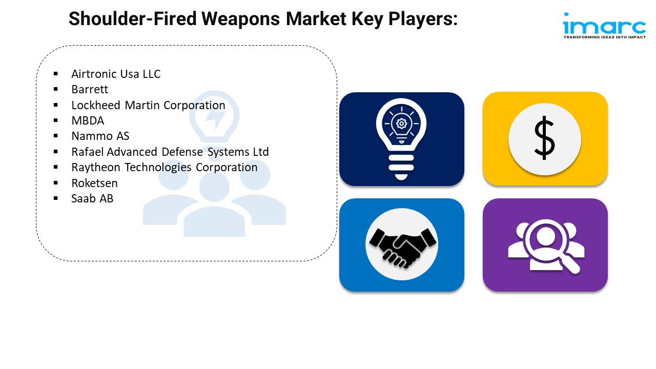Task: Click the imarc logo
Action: tap(604, 25)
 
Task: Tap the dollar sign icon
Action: tap(544, 138)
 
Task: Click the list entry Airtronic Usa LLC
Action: tap(116, 74)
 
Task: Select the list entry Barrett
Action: tap(90, 89)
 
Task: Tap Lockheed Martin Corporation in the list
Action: tap(148, 105)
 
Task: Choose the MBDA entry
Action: tap(88, 120)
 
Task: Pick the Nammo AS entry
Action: tap(100, 136)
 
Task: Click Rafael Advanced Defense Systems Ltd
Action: tap(170, 152)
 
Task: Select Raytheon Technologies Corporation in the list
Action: tap(165, 167)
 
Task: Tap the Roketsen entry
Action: tap(94, 183)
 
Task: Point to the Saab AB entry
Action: tap(92, 198)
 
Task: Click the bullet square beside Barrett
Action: tap(55, 90)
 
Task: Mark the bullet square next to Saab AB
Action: tap(55, 199)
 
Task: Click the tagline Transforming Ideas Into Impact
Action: tap(604, 37)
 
